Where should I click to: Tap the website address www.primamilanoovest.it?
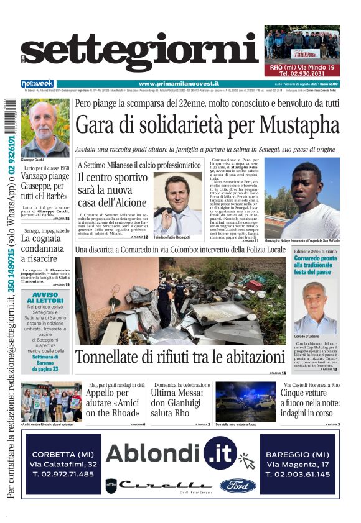pyautogui.click(x=180, y=84)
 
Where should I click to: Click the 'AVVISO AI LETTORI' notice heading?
pyautogui.click(x=45, y=298)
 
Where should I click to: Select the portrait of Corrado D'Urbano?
pyautogui.click(x=316, y=307)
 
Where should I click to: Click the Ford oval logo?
pyautogui.click(x=237, y=484)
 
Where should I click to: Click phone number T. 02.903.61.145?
pyautogui.click(x=298, y=474)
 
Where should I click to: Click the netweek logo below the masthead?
pyautogui.click(x=38, y=84)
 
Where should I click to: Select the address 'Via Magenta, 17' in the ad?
pyautogui.click(x=298, y=464)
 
